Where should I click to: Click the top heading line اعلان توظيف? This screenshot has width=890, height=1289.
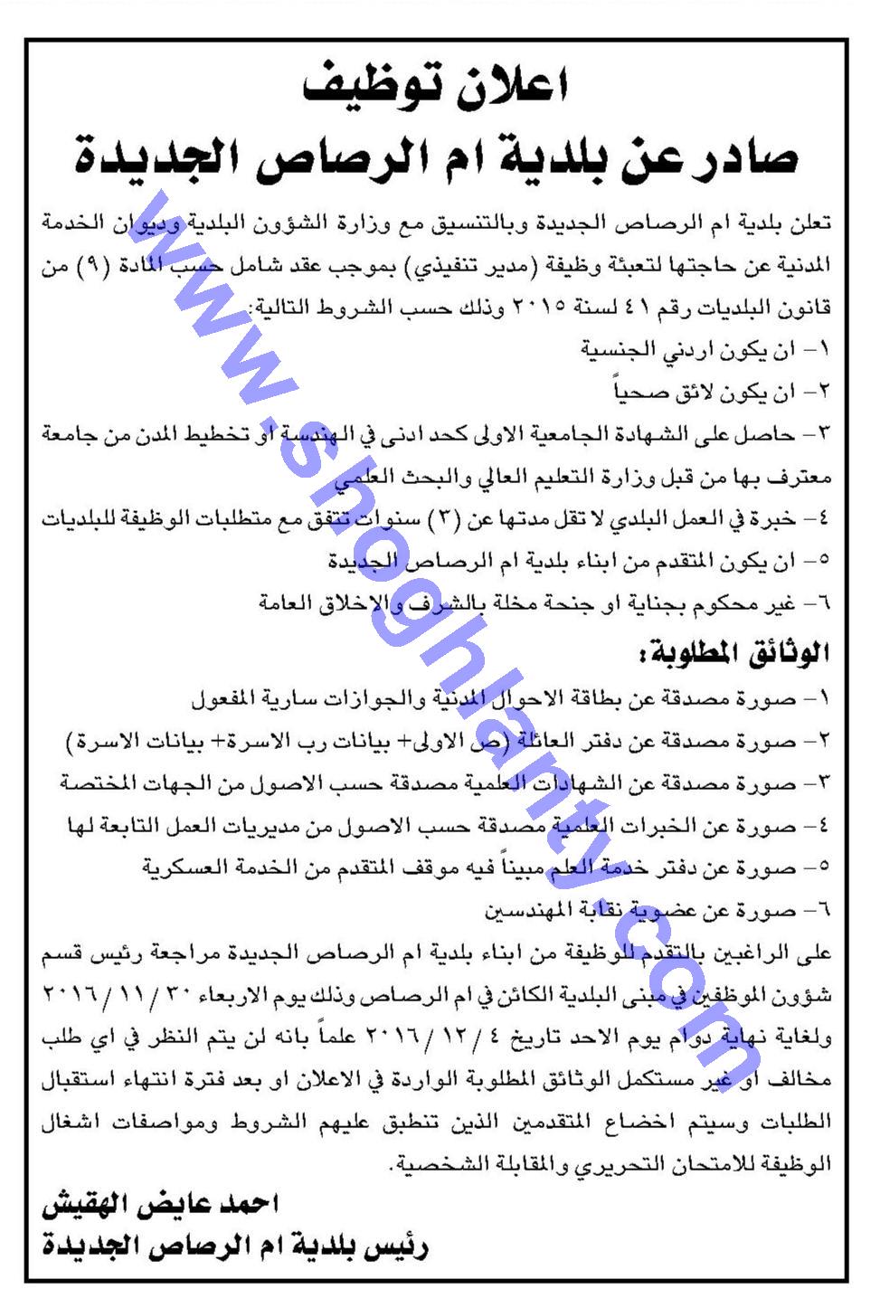[444, 88]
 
